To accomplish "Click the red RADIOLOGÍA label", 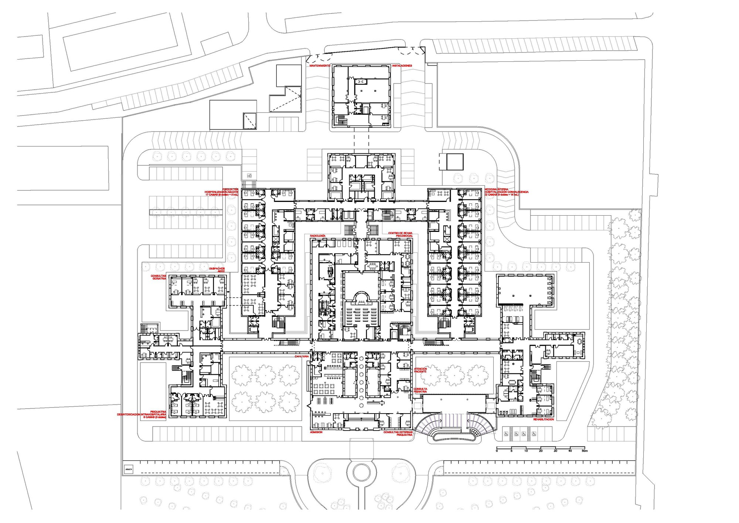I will [318, 236].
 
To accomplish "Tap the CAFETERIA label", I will [302, 356].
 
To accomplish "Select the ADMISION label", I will [316, 432].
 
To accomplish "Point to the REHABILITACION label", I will [544, 419].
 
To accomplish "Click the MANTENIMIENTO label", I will [320, 65].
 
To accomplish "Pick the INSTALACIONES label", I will [402, 65].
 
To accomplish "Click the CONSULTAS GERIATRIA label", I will [159, 277].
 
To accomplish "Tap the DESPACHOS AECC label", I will [217, 270].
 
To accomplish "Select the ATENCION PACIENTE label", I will [420, 370].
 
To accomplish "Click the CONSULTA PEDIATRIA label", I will [420, 390].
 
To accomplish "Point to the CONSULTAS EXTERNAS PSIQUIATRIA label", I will [398, 433].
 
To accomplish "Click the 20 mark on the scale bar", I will [541, 451].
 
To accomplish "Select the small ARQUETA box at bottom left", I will [128, 469].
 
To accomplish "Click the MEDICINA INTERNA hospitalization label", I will [506, 192].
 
